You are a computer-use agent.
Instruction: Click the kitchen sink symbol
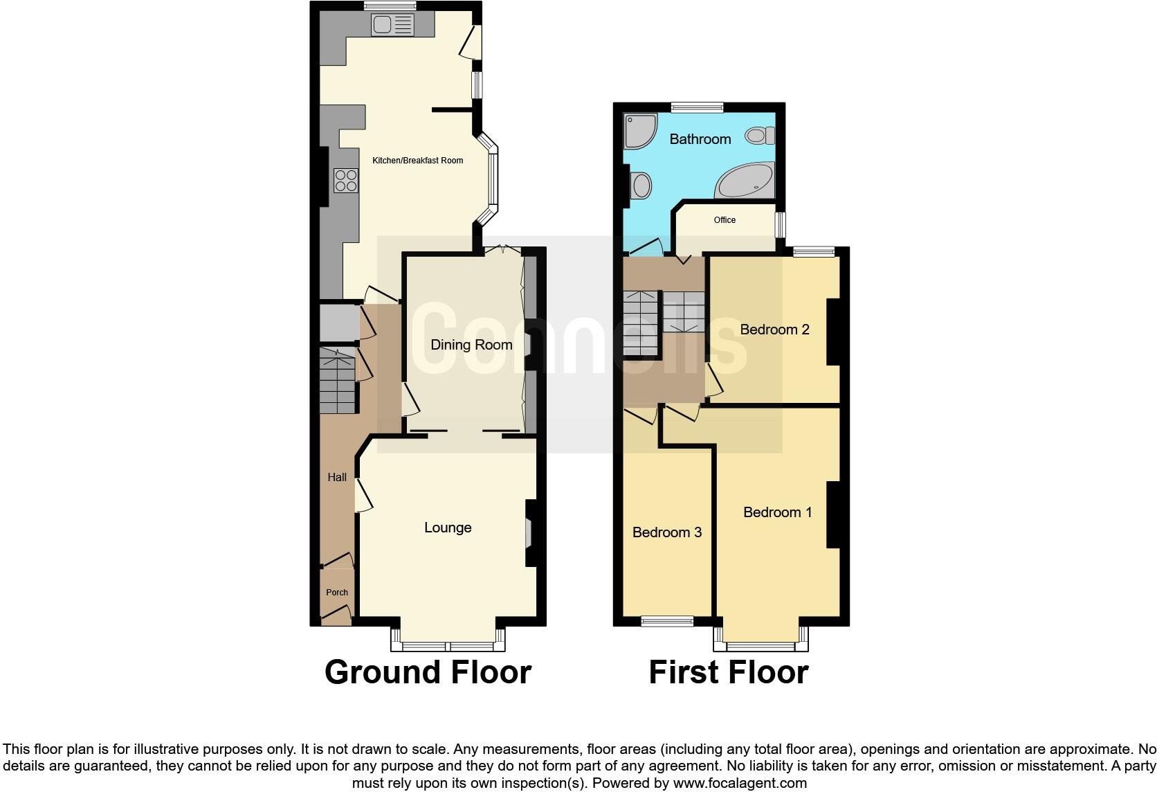coord(392,26)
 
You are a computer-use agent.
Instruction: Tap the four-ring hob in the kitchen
coord(345,180)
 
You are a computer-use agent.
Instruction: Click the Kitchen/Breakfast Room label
coord(418,161)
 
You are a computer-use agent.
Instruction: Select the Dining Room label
coord(471,345)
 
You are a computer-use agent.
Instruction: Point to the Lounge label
coord(448,528)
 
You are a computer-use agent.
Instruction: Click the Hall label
coord(337,477)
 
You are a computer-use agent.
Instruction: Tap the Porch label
coord(337,593)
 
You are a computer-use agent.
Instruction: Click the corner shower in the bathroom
coord(640,131)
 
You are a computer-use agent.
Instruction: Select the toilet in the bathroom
coord(760,135)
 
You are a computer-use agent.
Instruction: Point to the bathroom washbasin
coord(641,186)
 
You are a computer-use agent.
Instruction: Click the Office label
coord(725,220)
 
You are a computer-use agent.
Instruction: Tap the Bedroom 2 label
coord(774,330)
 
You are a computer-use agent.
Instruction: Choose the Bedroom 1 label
coord(777,512)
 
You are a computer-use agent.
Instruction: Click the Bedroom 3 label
coord(667,532)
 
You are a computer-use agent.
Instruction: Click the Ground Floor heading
coord(428,672)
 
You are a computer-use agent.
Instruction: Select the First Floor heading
coord(728,672)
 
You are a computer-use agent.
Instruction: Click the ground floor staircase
coord(338,381)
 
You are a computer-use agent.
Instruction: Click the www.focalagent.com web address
coord(739,784)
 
